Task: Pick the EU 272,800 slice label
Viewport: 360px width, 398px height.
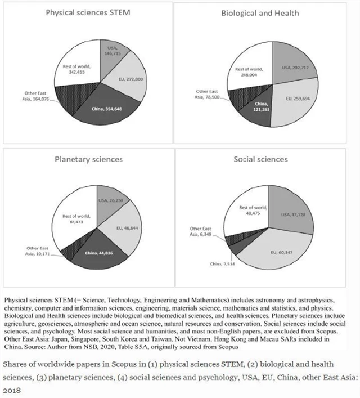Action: pos(130,80)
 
